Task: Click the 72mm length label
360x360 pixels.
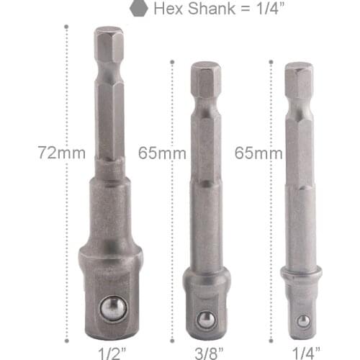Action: (x=63, y=153)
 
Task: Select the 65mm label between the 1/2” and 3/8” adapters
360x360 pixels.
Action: (x=161, y=153)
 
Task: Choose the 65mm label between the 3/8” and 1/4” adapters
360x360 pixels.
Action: (x=258, y=153)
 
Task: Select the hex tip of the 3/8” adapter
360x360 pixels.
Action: (x=205, y=78)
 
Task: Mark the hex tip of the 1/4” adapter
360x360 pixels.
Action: (x=298, y=78)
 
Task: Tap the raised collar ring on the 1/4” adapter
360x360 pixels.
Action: (x=301, y=276)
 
